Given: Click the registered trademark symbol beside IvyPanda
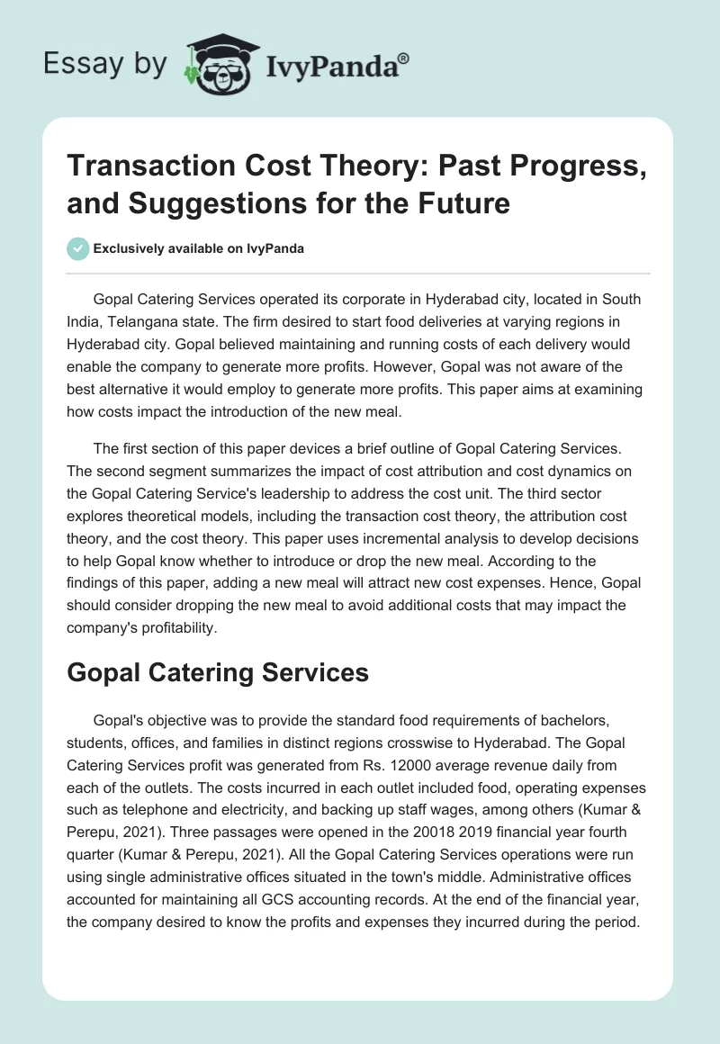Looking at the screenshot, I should click(x=404, y=58).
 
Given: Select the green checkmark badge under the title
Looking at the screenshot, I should click(x=77, y=248).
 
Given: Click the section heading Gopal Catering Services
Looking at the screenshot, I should click(x=217, y=671).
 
